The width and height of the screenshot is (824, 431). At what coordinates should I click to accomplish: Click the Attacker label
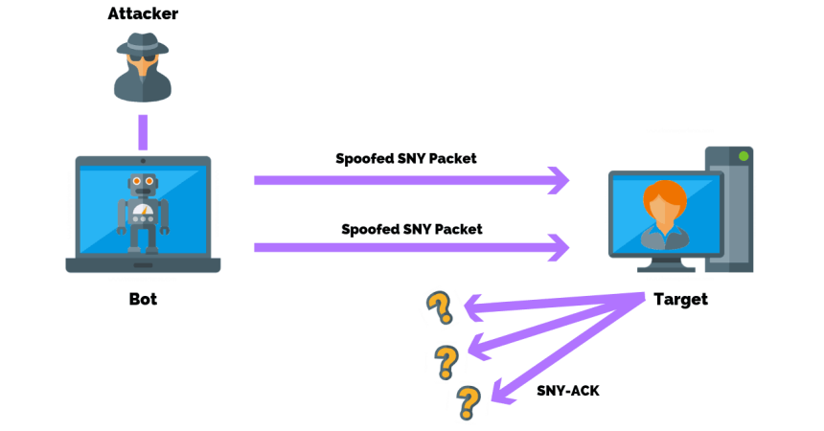(143, 14)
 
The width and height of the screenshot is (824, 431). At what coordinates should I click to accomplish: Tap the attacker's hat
(143, 44)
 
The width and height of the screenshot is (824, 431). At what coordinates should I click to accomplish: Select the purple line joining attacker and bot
(143, 131)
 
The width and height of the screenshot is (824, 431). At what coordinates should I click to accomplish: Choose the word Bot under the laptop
(143, 299)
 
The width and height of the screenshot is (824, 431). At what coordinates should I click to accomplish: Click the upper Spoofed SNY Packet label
(405, 158)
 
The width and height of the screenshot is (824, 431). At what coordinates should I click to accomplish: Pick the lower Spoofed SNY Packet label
(411, 229)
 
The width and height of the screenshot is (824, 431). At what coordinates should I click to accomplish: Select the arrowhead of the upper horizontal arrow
(558, 179)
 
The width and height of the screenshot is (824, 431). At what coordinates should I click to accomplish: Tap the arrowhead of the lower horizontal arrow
(558, 248)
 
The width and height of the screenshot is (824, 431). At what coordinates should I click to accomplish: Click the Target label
(680, 299)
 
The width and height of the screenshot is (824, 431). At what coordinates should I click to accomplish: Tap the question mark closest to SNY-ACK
(468, 402)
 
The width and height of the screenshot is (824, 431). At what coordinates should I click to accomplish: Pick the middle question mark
(446, 362)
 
